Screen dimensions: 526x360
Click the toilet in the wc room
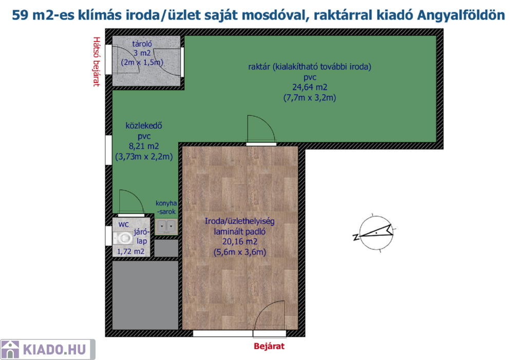pyautogui.click(x=122, y=239)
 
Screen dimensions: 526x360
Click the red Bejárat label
pyautogui.click(x=269, y=346)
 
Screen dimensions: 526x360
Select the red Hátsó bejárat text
pyautogui.click(x=97, y=62)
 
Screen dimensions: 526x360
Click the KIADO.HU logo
pyautogui.click(x=48, y=350)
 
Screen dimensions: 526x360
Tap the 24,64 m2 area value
pyautogui.click(x=310, y=87)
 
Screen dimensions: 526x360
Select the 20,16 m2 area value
pyautogui.click(x=240, y=241)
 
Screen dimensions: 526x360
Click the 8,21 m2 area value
pyautogui.click(x=144, y=146)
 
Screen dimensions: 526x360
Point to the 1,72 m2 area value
pyautogui.click(x=130, y=252)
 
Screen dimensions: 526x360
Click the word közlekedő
pyautogui.click(x=144, y=126)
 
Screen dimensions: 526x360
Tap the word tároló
pyautogui.click(x=142, y=44)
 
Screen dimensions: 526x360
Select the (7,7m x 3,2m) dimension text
pyautogui.click(x=310, y=98)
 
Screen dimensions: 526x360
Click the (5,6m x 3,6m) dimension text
pyautogui.click(x=240, y=252)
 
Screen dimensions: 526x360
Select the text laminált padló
pyautogui.click(x=240, y=232)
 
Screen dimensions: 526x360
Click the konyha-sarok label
pyautogui.click(x=166, y=207)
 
